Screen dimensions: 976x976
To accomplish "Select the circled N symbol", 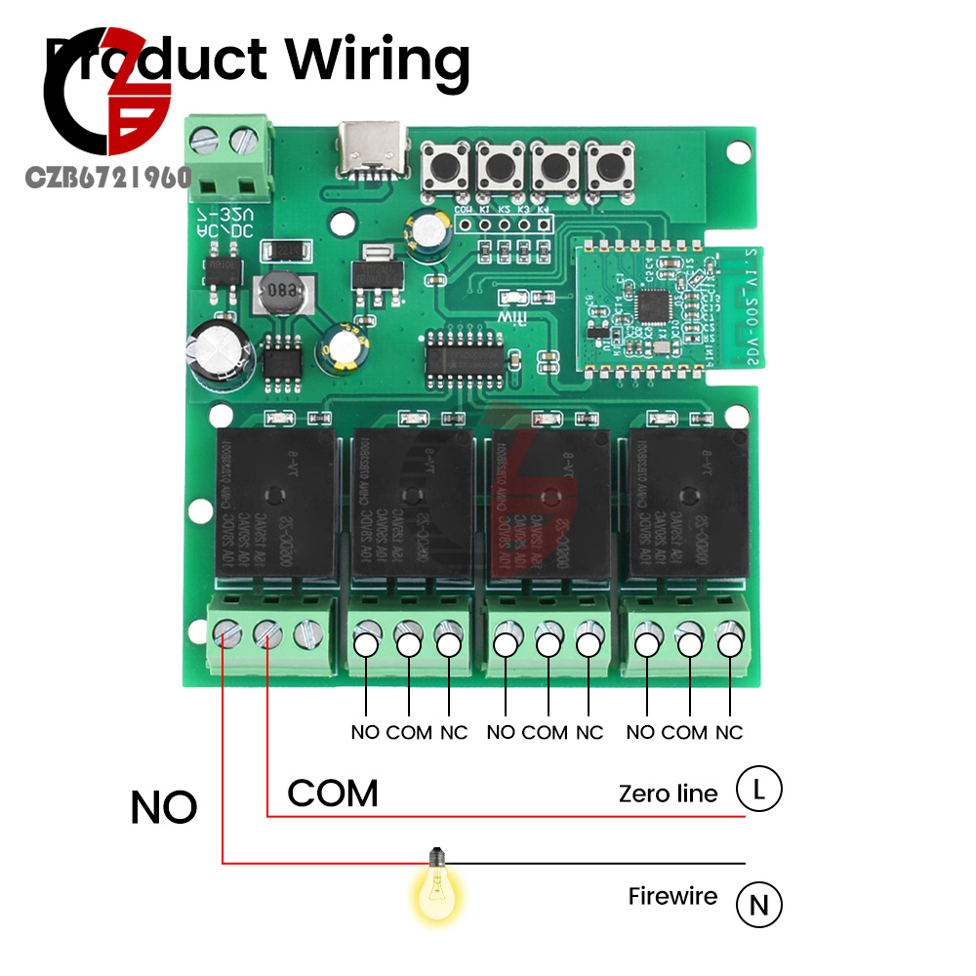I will click(x=758, y=905).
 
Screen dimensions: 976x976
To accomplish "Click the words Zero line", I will click(x=668, y=793).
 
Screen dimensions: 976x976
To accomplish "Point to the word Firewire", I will click(x=672, y=896).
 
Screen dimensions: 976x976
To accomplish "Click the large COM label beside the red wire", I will click(x=333, y=793).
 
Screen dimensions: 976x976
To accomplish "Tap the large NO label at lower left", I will click(x=164, y=808).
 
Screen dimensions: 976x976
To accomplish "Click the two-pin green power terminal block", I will click(x=225, y=156).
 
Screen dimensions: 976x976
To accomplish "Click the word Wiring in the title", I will click(x=379, y=61).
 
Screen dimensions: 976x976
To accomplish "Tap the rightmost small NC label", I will click(x=729, y=732).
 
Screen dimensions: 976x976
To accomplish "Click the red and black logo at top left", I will click(x=107, y=98).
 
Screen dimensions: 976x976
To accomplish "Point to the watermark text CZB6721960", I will click(x=107, y=178).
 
